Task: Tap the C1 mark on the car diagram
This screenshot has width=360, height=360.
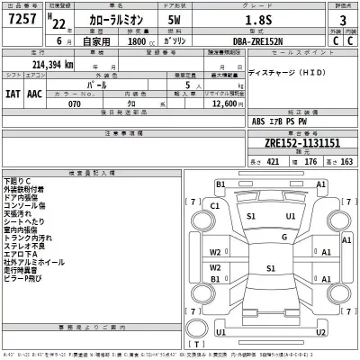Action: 214,205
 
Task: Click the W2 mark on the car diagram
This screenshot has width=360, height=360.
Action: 214,252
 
